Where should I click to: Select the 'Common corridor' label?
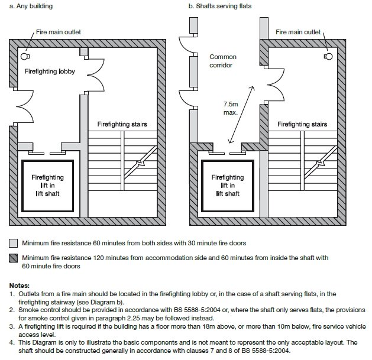(x=222, y=61)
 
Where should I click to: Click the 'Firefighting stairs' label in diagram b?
(x=302, y=124)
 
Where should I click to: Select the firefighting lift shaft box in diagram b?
(x=228, y=185)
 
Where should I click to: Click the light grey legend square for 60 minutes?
(x=13, y=243)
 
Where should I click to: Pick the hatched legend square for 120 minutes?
(x=13, y=258)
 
